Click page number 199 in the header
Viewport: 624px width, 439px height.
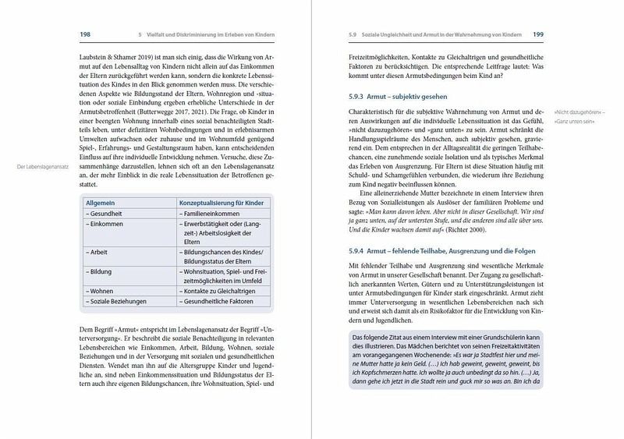(x=538, y=34)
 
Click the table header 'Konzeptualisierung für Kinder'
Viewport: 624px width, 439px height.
(x=215, y=201)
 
